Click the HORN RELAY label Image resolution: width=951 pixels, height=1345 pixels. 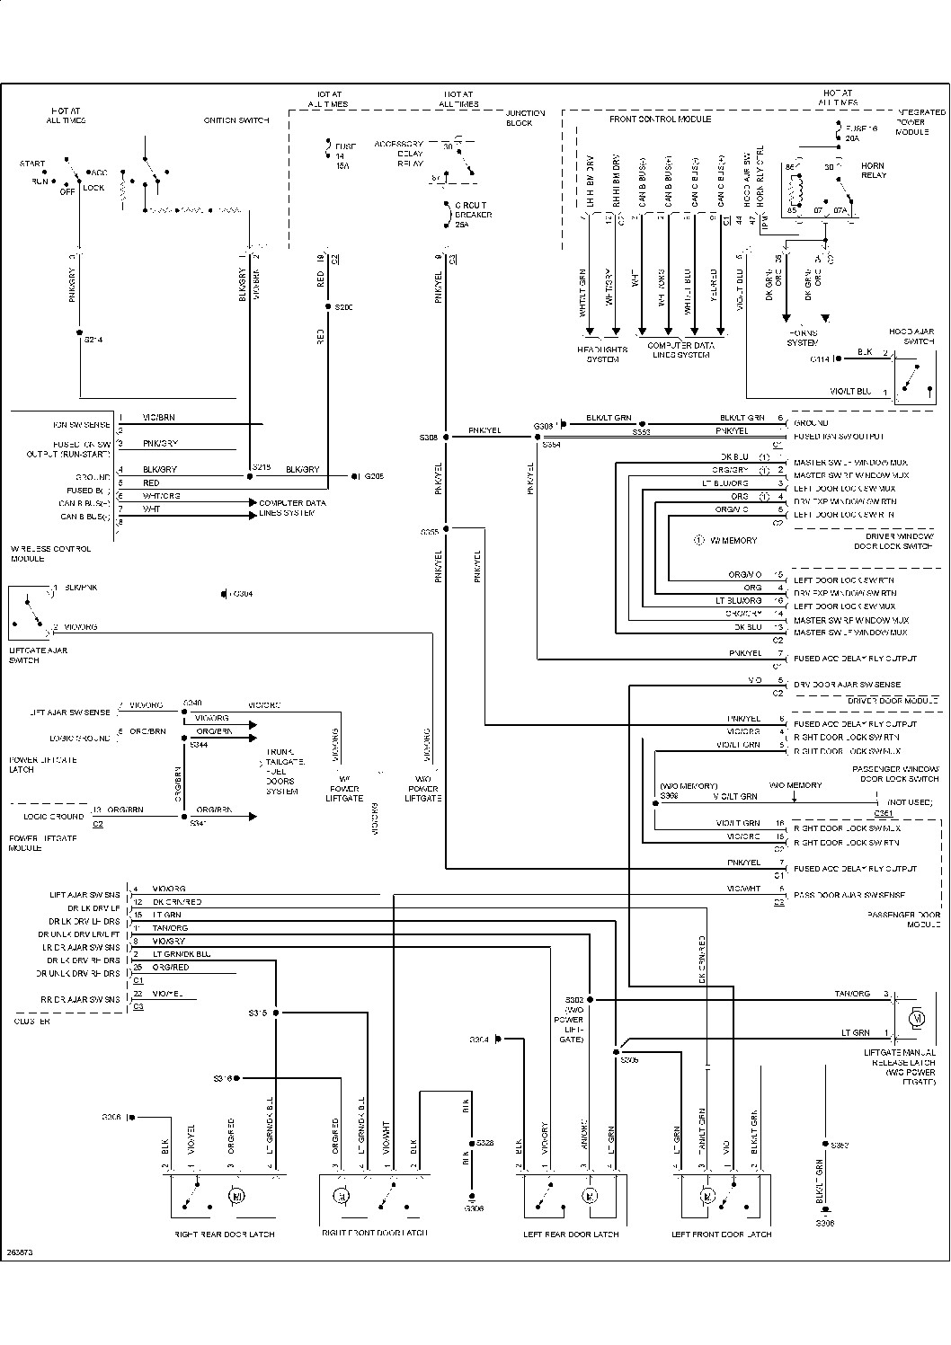[x=872, y=171]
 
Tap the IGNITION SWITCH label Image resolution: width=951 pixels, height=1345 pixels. [x=236, y=120]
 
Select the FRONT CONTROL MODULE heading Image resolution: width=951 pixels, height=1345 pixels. [x=660, y=119]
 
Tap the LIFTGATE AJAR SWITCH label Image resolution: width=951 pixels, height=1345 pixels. [x=38, y=655]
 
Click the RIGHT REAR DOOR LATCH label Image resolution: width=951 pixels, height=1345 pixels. [x=224, y=1234]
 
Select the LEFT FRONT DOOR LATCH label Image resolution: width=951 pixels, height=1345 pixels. [x=721, y=1234]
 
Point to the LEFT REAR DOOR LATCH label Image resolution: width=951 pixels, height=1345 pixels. [x=571, y=1234]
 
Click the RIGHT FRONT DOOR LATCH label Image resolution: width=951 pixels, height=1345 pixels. [x=374, y=1233]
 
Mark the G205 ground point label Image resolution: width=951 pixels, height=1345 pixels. [x=373, y=476]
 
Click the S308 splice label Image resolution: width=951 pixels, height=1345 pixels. [x=428, y=438]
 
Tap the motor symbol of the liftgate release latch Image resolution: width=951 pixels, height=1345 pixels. [x=917, y=1018]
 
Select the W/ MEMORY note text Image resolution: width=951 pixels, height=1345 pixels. [x=733, y=541]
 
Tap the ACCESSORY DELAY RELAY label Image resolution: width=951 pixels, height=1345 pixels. [x=398, y=153]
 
